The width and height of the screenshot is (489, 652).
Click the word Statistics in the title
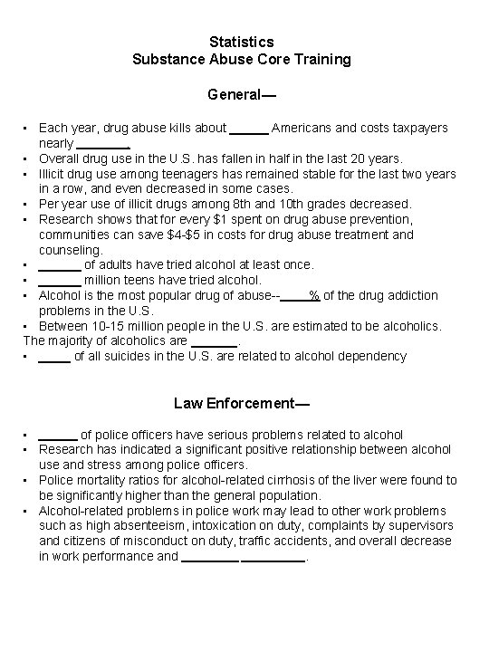point(241,42)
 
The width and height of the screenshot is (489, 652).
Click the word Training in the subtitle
point(320,60)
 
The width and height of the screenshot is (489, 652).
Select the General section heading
point(241,94)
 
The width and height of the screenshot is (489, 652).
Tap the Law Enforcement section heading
point(241,402)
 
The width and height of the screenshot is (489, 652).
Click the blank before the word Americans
point(249,129)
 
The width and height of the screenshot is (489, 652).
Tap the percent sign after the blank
point(314,295)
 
